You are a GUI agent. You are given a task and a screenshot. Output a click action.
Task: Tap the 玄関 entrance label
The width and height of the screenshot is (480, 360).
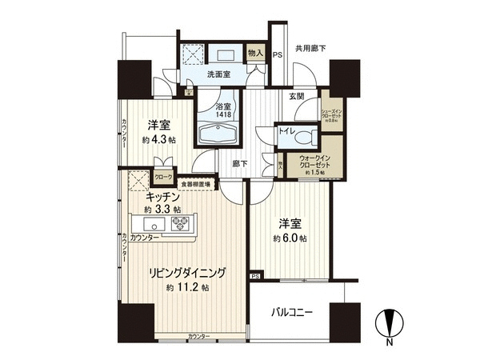(x=297, y=96)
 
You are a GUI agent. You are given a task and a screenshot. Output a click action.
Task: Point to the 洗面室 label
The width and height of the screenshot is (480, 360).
(x=210, y=76)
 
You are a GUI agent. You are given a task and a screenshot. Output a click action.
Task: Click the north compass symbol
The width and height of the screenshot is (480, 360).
(x=390, y=325)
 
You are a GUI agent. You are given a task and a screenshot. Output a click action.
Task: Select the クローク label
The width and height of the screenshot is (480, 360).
(x=162, y=177)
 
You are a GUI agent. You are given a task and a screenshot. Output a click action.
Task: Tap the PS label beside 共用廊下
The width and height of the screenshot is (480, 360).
(x=277, y=55)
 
